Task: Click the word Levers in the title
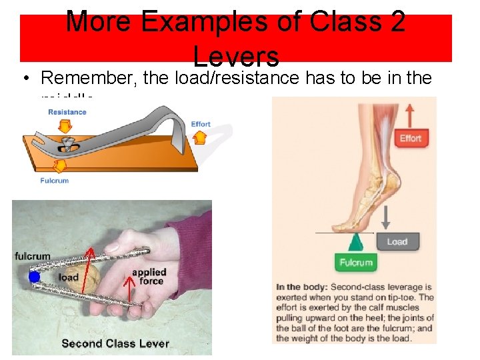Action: point(236,55)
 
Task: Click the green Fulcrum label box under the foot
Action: point(356,262)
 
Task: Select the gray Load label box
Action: point(397,241)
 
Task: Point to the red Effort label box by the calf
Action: point(410,138)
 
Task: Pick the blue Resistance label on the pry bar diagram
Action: point(67,112)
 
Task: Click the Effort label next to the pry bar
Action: point(201,124)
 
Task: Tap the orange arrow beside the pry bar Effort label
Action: point(199,137)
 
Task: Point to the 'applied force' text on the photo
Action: point(149,277)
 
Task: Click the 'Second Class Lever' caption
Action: point(115,344)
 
